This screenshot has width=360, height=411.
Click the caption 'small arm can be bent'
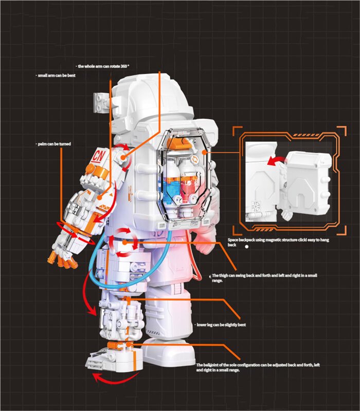tap(57, 76)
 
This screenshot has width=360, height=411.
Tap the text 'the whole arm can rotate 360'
tap(102, 66)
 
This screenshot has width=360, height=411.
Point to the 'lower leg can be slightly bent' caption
tap(221, 325)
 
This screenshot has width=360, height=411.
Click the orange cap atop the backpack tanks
tap(179, 143)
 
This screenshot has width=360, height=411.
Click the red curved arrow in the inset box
tap(276, 160)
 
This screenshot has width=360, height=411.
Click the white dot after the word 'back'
tap(247, 247)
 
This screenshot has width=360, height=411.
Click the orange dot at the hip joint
tap(125, 242)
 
